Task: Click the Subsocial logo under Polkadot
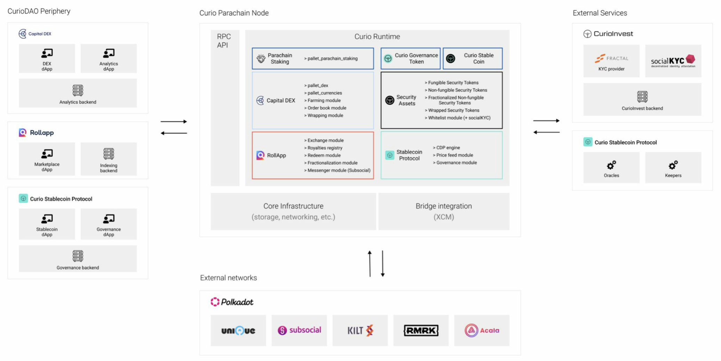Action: point(299,330)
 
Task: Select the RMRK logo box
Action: point(421,330)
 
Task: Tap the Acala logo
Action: point(481,330)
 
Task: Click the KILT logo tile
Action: point(360,330)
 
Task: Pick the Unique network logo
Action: point(238,330)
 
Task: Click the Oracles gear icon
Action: point(611,165)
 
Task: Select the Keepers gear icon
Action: point(673,165)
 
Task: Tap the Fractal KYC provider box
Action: point(611,61)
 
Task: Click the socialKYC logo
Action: point(673,61)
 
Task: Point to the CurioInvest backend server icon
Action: point(642,96)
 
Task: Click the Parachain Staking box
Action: point(313,58)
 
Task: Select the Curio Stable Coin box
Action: point(472,58)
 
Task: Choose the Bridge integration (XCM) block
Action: point(444,211)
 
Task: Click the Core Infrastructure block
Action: point(293,211)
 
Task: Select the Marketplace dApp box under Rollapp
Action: point(47,159)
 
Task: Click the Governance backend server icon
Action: point(78,256)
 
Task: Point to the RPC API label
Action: point(224,41)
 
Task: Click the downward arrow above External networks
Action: point(382,264)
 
